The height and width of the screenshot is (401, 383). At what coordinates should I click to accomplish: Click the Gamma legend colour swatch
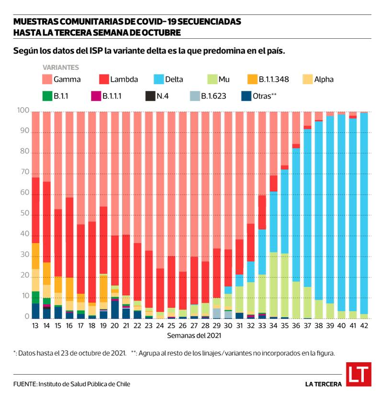click(46, 79)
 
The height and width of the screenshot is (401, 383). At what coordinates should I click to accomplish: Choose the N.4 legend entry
click(157, 96)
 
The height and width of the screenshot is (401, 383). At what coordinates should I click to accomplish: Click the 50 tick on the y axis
click(23, 215)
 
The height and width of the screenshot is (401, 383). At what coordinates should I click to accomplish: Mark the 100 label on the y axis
click(21, 111)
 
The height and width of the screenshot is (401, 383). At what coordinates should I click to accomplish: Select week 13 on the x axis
click(35, 325)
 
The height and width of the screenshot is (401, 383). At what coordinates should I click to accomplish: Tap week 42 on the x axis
click(364, 325)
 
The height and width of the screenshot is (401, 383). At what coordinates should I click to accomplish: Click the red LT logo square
click(359, 375)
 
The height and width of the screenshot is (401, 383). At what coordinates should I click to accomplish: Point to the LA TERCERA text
click(324, 384)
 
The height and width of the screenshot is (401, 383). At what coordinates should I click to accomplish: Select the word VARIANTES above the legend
click(61, 67)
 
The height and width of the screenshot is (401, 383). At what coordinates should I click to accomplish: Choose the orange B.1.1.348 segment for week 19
click(103, 287)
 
